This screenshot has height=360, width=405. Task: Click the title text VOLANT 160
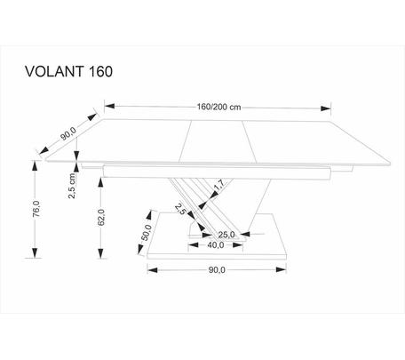pos(68,72)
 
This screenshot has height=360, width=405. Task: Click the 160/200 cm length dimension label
pos(218,107)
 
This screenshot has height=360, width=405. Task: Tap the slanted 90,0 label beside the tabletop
pos(68,134)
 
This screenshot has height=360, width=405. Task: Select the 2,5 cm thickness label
pos(72,186)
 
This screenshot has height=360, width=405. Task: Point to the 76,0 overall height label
pos(36,209)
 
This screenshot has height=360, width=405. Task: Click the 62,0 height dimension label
pos(101,218)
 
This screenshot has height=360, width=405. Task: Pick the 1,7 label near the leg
pos(219,185)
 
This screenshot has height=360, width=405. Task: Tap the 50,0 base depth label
pos(147,233)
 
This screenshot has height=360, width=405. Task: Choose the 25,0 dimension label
pos(226,235)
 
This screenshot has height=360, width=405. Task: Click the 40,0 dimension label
pos(216,245)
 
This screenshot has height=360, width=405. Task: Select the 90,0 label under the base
pos(217,270)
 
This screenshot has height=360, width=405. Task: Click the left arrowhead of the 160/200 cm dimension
pos(109,106)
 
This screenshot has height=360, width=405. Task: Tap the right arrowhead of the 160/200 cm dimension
pos(326,108)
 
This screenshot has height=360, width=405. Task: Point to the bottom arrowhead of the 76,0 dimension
pos(36,252)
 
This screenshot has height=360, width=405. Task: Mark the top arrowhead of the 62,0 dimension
pos(101,182)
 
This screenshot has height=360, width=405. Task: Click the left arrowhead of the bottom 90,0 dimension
pos(152,270)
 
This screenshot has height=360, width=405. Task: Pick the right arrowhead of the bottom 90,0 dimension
pos(281,269)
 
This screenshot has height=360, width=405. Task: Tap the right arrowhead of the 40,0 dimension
pos(237,245)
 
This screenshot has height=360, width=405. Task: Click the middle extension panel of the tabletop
pos(218,141)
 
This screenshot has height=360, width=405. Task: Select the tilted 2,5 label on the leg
pos(180,209)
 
